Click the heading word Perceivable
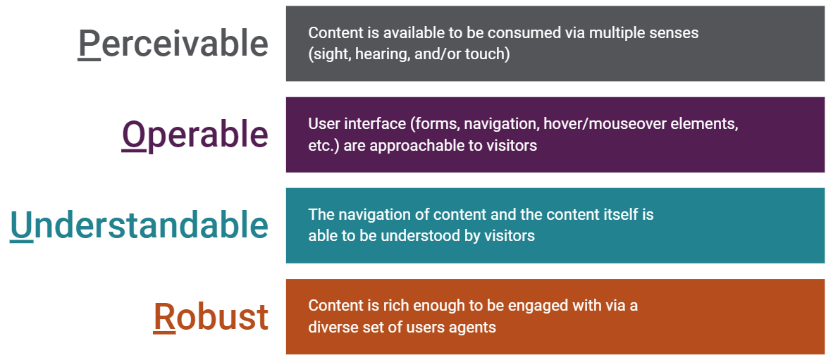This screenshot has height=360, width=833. (x=173, y=44)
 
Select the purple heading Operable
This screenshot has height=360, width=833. (x=195, y=135)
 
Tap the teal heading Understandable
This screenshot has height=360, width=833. (x=140, y=225)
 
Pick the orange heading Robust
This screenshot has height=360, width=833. (x=211, y=316)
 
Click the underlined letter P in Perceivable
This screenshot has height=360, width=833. (x=89, y=44)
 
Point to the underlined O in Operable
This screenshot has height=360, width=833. (x=134, y=133)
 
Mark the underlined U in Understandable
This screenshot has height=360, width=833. (x=21, y=225)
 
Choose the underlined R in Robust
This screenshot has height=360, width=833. (x=164, y=316)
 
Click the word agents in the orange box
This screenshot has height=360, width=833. (x=472, y=328)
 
